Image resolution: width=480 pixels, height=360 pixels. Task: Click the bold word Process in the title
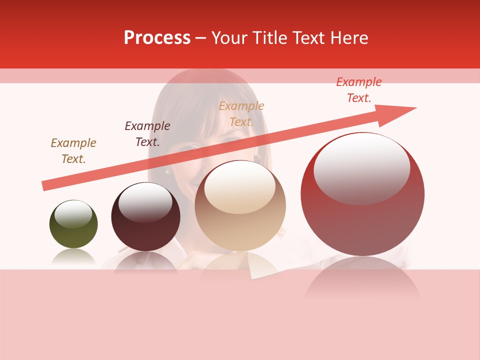[157, 38]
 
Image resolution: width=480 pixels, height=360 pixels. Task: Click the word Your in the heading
[229, 38]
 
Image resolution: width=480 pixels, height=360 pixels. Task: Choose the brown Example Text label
[73, 150]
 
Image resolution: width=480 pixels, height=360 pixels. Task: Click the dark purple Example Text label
[147, 133]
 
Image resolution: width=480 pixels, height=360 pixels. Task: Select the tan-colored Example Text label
[241, 113]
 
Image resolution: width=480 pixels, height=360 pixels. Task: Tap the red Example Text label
[359, 90]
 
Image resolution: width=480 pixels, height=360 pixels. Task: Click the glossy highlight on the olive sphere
[73, 214]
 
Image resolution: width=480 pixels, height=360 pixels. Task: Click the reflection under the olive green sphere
[73, 257]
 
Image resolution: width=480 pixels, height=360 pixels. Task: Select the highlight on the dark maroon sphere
[145, 202]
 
